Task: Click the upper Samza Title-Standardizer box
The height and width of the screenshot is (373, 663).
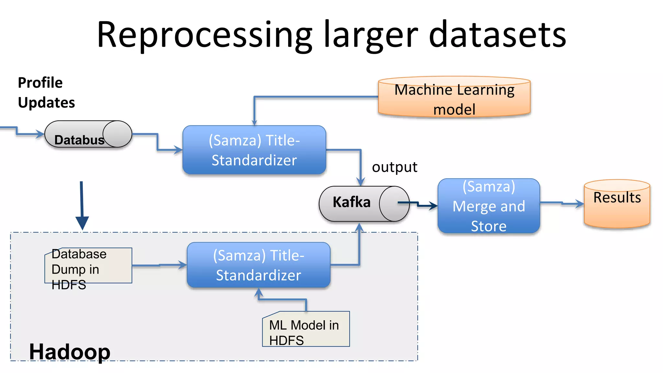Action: click(x=254, y=150)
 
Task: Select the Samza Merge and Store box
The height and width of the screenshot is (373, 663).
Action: click(x=489, y=206)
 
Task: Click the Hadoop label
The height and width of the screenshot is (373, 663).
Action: click(x=70, y=352)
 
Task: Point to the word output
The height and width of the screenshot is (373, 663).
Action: click(x=394, y=167)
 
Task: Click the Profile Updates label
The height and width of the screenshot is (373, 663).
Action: click(x=46, y=93)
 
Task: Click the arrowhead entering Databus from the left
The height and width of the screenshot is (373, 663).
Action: click(x=40, y=134)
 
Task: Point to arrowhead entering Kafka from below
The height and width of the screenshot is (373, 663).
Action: click(x=359, y=227)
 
